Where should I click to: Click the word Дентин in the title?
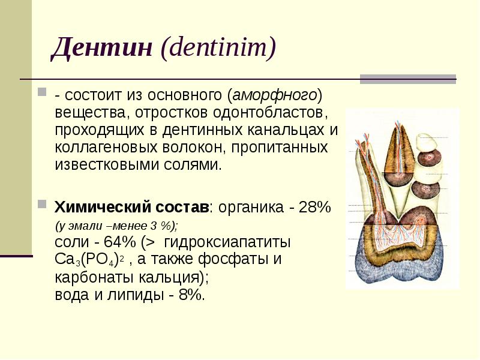pyautogui.click(x=101, y=48)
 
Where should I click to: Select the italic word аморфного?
pyautogui.click(x=274, y=95)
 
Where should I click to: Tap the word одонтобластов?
pyautogui.click(x=268, y=112)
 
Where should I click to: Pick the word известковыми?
pyautogui.click(x=107, y=164)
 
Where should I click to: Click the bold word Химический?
pyautogui.click(x=103, y=207)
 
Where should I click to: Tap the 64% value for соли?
pyautogui.click(x=119, y=242)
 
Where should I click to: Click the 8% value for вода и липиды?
pyautogui.click(x=191, y=295)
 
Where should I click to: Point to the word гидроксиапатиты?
pyautogui.click(x=227, y=242)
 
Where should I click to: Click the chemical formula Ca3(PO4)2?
pyautogui.click(x=89, y=260)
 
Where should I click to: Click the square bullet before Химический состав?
pyautogui.click(x=42, y=204)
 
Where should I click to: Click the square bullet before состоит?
pyautogui.click(x=42, y=92)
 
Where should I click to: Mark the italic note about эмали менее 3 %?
pyautogui.click(x=116, y=226)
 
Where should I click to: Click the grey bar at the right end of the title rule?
pyautogui.click(x=408, y=79)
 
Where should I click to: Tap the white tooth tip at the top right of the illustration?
pyautogui.click(x=428, y=142)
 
